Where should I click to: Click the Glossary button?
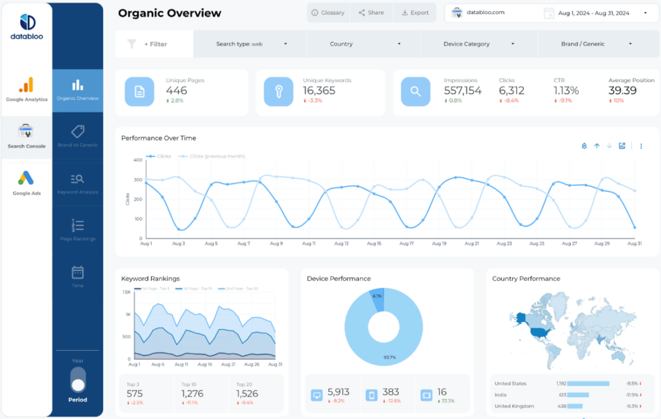328,12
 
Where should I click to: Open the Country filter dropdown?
363,44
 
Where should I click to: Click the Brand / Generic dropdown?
589,44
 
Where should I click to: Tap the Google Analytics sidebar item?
26,90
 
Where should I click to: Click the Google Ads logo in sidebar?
26,178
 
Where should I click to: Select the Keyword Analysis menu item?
77,183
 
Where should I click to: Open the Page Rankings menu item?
77,230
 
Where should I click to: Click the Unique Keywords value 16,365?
319,91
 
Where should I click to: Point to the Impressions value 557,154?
462,91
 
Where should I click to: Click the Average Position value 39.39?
622,91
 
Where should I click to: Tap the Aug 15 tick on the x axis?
374,244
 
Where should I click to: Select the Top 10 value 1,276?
192,393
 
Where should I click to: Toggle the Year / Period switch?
78,380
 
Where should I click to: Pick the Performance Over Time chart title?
159,138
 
